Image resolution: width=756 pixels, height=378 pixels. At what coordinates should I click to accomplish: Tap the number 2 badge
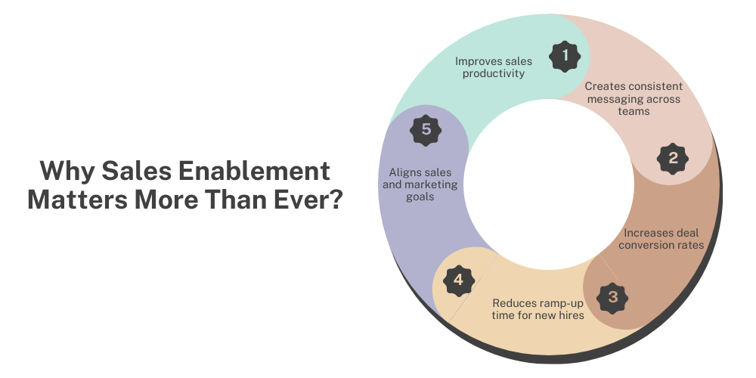click(x=673, y=158)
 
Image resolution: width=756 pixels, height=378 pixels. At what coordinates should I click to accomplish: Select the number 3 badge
click(x=612, y=296)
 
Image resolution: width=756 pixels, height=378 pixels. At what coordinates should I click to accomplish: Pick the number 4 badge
click(x=458, y=281)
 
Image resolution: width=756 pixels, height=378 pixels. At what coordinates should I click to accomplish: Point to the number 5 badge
click(x=426, y=129)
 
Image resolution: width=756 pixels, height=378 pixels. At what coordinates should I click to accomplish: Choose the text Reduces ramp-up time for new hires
click(x=538, y=308)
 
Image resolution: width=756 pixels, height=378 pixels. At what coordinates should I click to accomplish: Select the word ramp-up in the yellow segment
click(x=553, y=302)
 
